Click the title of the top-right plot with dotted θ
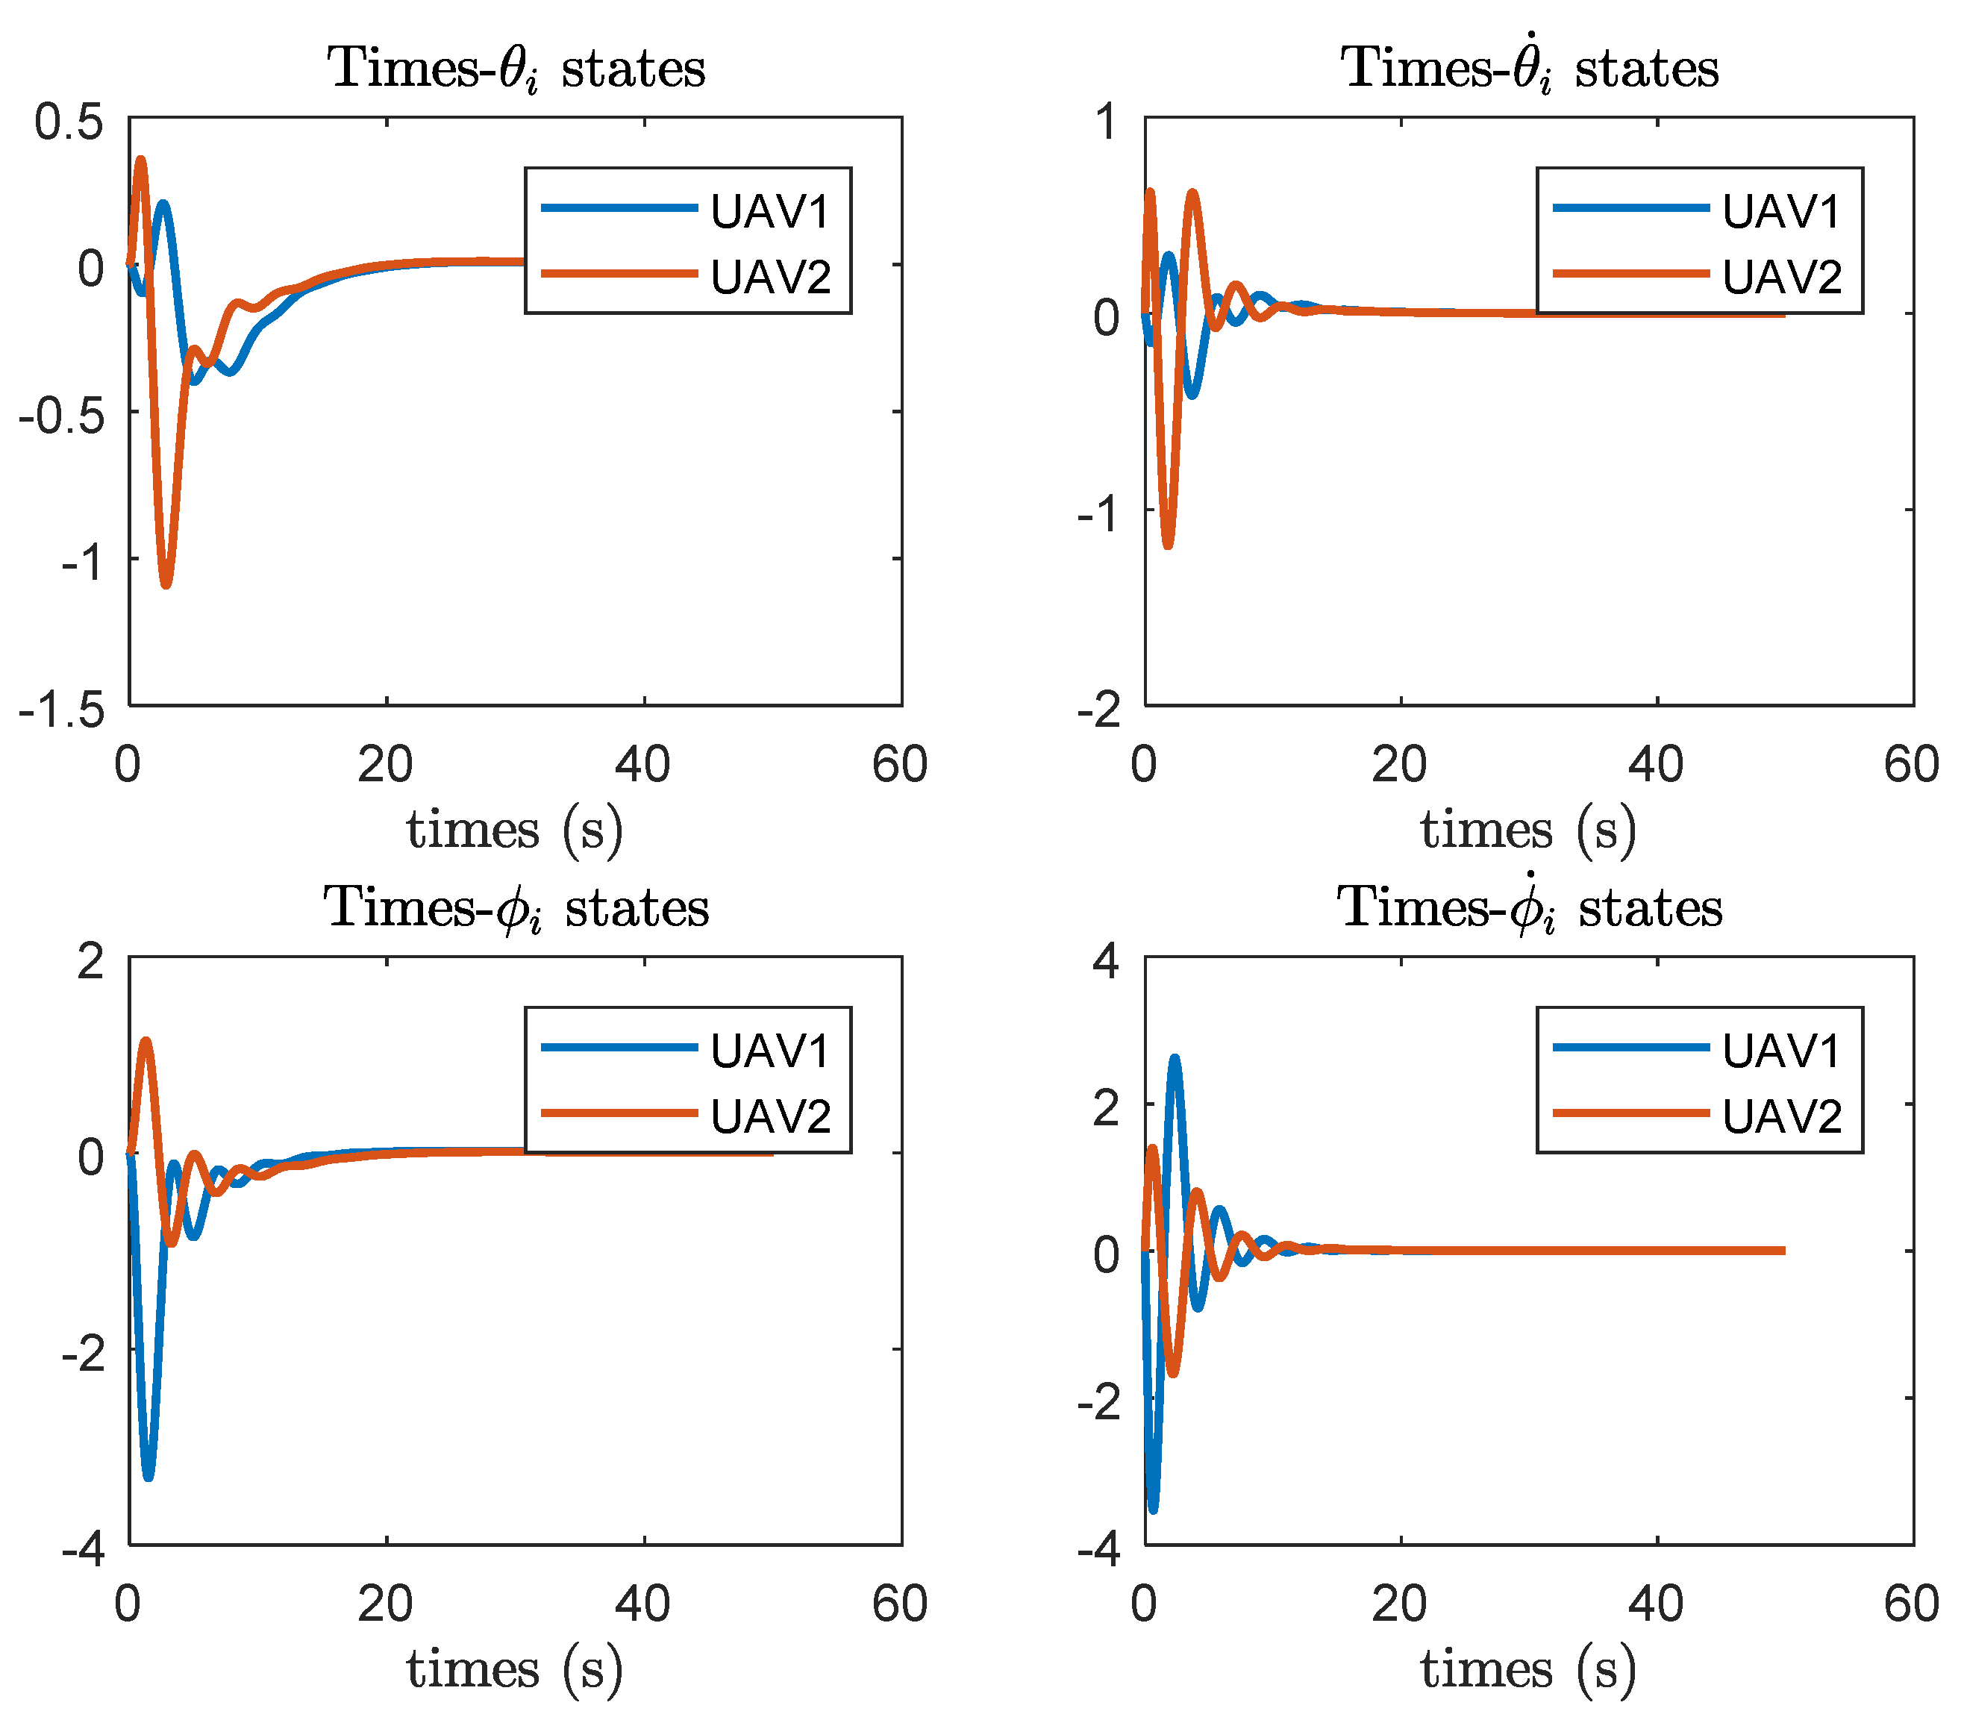point(1529,67)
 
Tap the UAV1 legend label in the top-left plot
point(769,211)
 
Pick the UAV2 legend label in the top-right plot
point(1781,277)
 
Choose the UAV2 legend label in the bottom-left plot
point(769,1116)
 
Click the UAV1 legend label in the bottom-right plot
point(1781,1051)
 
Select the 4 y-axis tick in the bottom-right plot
point(1106,961)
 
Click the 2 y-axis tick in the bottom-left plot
point(91,961)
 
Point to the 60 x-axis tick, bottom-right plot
point(1911,1604)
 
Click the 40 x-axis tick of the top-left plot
point(642,765)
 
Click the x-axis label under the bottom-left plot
point(514,1669)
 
